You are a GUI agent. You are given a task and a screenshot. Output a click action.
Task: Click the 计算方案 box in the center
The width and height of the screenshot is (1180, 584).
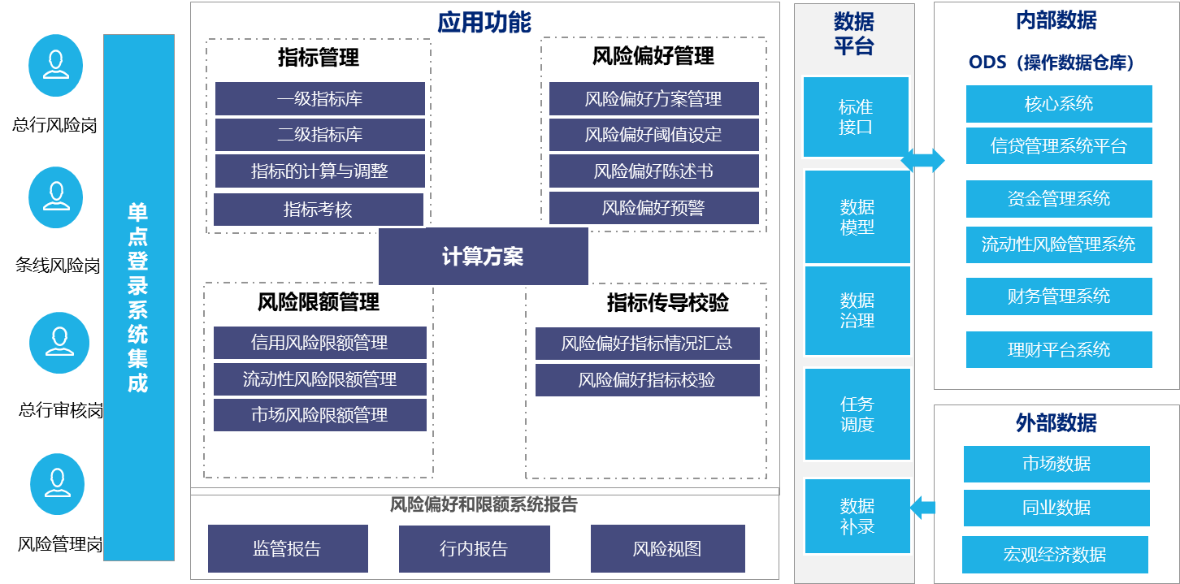click(483, 257)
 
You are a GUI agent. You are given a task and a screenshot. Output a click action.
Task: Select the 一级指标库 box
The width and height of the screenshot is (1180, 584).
click(319, 99)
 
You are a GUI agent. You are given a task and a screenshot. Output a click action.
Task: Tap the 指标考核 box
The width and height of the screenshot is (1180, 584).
click(318, 210)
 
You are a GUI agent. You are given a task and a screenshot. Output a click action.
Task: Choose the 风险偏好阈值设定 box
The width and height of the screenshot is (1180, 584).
click(653, 135)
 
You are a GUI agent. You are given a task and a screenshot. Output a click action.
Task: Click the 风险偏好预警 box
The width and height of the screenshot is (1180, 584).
click(653, 208)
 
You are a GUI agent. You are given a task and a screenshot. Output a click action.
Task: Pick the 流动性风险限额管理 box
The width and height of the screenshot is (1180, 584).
click(319, 379)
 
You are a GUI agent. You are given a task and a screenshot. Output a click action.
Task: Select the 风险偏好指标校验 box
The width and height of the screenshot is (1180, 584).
click(647, 380)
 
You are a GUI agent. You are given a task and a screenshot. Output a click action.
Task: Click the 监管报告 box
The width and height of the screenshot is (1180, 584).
click(288, 549)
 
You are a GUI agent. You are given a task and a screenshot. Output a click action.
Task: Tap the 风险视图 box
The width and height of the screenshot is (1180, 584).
click(667, 549)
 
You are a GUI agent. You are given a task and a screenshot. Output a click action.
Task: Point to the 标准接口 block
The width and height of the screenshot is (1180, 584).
click(856, 117)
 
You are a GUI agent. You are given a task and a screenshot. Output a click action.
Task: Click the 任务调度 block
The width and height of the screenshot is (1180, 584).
click(857, 414)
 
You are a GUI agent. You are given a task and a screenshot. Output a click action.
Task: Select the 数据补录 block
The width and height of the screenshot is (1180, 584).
click(857, 516)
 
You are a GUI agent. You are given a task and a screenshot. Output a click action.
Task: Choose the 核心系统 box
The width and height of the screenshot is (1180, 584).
click(1059, 104)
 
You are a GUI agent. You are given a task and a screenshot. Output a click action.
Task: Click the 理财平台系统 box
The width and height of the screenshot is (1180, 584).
click(1059, 350)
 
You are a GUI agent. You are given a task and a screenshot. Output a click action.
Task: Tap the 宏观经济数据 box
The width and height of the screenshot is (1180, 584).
click(1055, 555)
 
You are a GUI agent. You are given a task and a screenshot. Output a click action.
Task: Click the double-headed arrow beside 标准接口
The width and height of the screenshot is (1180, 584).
click(923, 160)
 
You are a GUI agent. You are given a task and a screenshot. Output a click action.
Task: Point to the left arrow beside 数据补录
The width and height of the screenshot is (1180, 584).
click(922, 509)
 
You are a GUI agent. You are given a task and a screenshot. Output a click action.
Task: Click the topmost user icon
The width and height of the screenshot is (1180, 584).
click(56, 65)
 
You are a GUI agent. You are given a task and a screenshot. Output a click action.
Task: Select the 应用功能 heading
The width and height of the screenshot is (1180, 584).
click(484, 22)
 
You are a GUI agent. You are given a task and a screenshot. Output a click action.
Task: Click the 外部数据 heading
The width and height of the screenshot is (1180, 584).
click(1056, 423)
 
